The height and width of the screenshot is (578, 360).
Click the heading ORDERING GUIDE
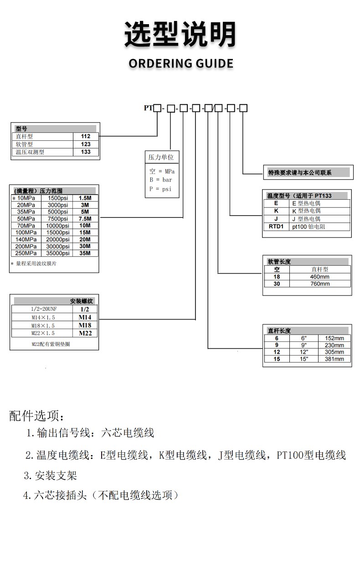181,63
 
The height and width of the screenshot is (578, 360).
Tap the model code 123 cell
86,144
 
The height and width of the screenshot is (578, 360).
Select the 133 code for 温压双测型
86,152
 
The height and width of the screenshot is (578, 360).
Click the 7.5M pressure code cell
85,219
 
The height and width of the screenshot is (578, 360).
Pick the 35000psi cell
58,253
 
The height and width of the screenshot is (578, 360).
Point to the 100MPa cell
26,232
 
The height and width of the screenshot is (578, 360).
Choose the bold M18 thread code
85,325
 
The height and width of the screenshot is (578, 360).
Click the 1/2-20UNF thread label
41,309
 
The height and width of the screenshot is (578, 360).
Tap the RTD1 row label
276,226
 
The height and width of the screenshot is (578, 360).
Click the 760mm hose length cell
320,284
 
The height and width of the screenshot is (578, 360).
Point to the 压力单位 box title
161,157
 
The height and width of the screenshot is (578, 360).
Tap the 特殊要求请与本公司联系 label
300,173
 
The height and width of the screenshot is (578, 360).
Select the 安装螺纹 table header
81,301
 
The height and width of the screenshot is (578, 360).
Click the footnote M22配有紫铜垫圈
51,344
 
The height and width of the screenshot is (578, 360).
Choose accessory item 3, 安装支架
51,476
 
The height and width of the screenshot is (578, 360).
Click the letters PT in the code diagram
148,108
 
